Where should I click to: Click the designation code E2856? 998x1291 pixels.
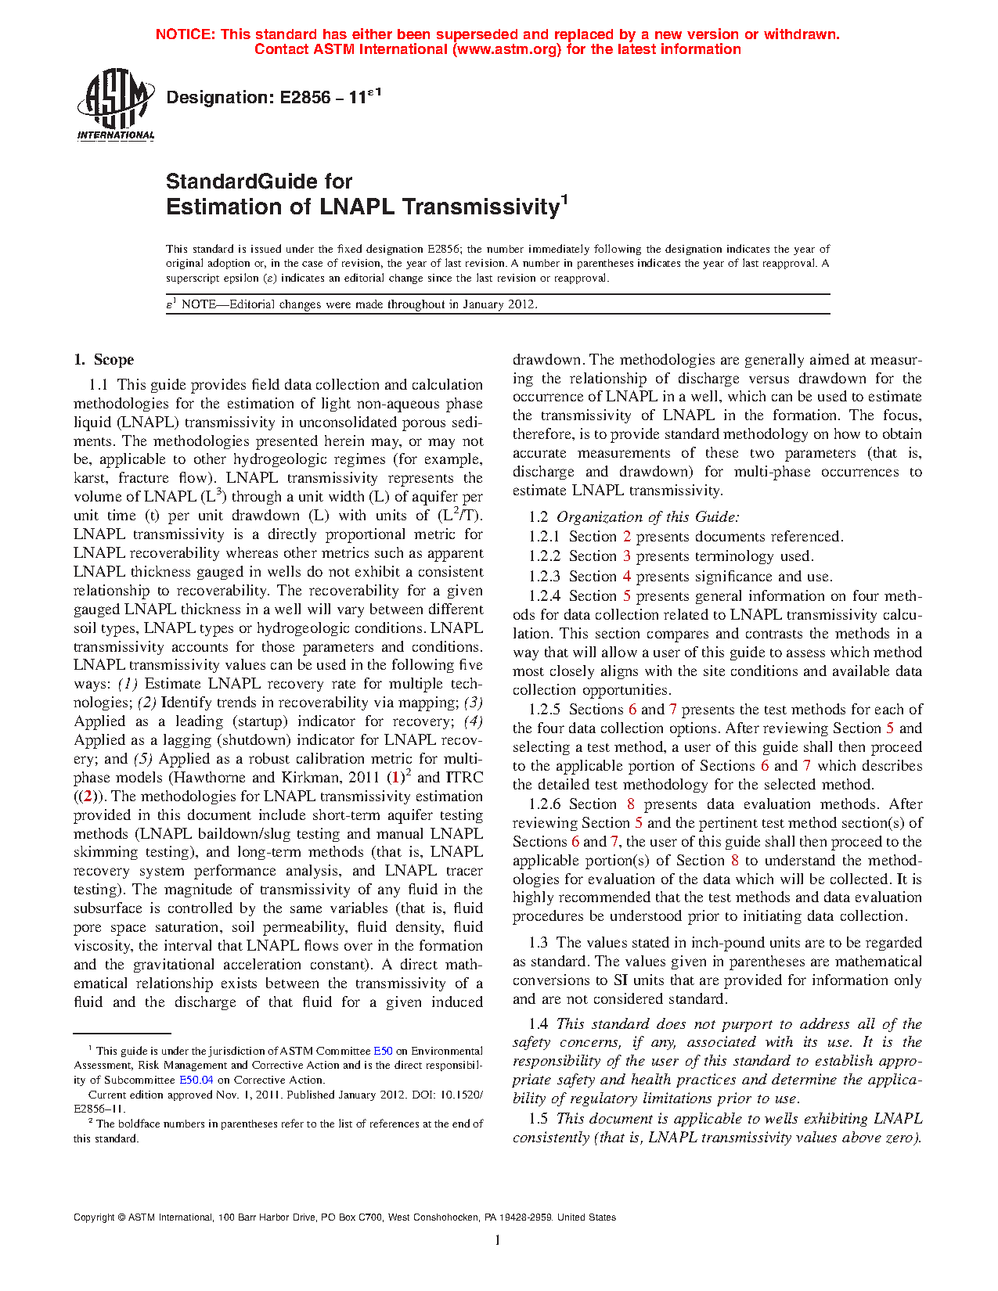304,98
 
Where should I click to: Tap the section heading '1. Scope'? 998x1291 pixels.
103,360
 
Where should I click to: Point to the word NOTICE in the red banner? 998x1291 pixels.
185,34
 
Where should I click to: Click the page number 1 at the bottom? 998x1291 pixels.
498,1240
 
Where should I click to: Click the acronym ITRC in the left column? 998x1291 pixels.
463,778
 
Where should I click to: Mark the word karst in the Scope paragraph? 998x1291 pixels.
88,478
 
